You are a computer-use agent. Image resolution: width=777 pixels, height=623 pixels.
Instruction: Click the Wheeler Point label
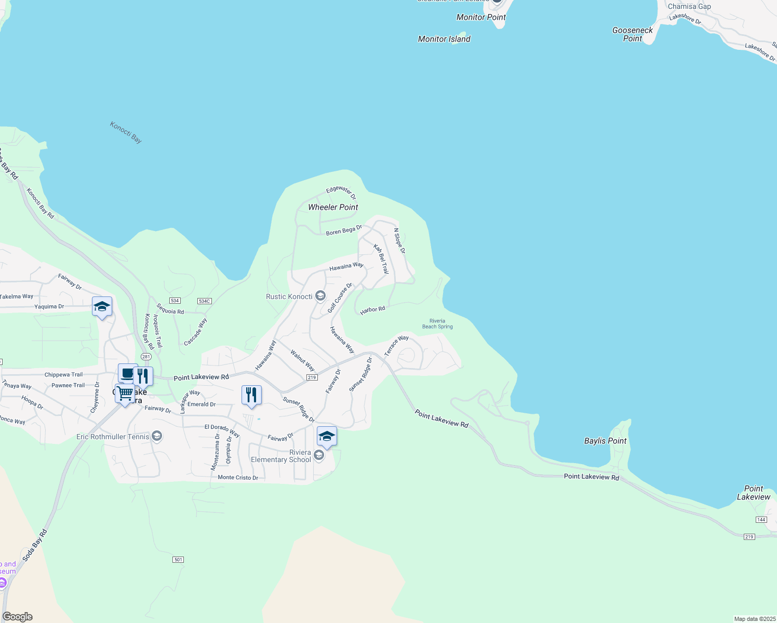coord(333,207)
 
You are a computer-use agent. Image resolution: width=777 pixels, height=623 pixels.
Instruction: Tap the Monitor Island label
coord(444,39)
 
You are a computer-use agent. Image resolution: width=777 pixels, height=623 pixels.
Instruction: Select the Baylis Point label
coord(605,441)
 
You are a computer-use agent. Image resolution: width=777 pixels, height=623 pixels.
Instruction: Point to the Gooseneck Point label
coord(632,34)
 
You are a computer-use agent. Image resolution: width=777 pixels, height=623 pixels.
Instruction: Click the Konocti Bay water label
coord(126,132)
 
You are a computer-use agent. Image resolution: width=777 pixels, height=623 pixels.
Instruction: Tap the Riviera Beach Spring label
coord(437,324)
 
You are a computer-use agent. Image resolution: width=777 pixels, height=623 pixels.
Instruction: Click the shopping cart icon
coord(125,394)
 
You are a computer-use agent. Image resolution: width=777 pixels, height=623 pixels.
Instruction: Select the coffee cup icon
coord(127,373)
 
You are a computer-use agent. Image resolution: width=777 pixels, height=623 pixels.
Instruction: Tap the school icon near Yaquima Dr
coord(102,306)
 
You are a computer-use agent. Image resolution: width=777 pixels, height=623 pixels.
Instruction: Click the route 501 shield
coord(178,560)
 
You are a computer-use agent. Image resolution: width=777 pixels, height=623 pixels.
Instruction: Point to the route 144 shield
coord(761,520)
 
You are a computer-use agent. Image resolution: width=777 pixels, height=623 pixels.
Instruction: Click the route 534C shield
coord(204,301)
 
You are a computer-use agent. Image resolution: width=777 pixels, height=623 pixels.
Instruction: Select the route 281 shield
coord(146,357)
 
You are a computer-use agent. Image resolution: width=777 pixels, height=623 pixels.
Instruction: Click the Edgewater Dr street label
coord(341,192)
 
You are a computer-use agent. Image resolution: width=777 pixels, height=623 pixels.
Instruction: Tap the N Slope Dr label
coord(399,241)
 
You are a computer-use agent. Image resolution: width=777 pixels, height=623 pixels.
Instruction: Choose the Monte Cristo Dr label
coord(238,478)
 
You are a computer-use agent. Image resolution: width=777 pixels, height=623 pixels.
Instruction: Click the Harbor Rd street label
coord(372,310)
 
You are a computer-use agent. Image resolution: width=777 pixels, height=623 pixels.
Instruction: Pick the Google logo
coord(18,617)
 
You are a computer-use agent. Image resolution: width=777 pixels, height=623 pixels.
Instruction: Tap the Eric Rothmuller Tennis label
coord(113,437)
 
